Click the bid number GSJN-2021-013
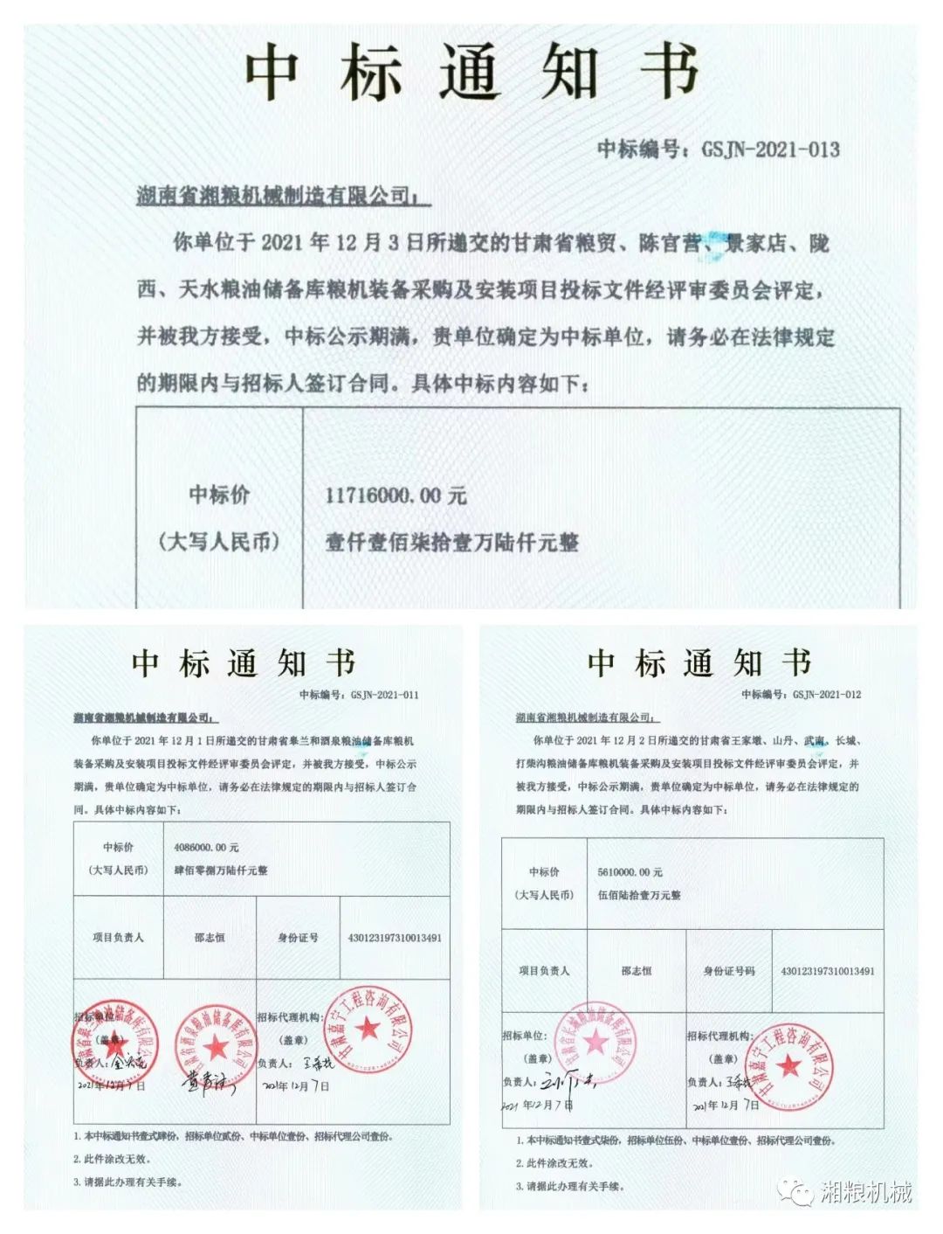point(770,149)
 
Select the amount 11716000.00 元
point(396,496)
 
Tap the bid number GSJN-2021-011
point(384,695)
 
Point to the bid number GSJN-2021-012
point(827,694)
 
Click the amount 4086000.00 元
point(206,848)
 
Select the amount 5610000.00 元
point(630,872)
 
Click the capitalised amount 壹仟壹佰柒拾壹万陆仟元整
point(451,543)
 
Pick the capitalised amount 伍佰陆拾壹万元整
point(639,895)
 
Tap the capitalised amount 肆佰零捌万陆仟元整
point(221,870)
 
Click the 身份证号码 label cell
point(729,971)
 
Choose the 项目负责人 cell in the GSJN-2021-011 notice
point(118,937)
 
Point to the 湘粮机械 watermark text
point(866,1191)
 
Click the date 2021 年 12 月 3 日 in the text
point(330,243)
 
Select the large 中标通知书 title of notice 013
point(471,72)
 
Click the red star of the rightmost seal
point(789,1066)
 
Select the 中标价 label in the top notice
point(219,495)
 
